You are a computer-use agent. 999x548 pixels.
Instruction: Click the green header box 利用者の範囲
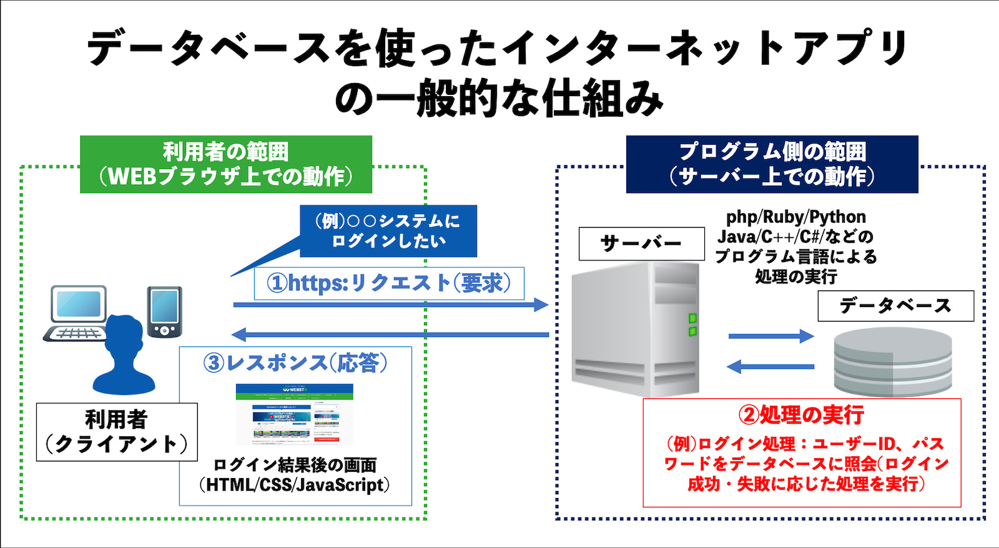click(x=226, y=164)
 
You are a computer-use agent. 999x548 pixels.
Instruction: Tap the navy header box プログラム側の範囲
click(x=772, y=164)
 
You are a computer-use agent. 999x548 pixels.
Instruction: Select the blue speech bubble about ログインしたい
click(x=388, y=231)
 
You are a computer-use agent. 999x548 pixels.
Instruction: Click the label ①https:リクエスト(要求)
click(x=389, y=283)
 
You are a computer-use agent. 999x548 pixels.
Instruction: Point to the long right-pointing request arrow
click(x=390, y=305)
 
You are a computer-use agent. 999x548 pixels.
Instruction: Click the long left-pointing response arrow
click(x=390, y=335)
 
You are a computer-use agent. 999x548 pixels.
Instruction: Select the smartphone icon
click(x=165, y=311)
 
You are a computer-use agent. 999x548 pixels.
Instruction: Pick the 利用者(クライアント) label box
click(x=117, y=432)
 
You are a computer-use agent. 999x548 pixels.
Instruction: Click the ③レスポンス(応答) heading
click(x=295, y=363)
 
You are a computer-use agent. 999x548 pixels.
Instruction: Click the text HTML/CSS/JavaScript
click(x=294, y=485)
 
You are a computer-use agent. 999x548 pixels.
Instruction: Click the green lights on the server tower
click(x=692, y=325)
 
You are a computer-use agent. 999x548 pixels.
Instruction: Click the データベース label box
click(x=895, y=306)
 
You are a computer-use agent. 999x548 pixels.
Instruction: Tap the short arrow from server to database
click(x=771, y=336)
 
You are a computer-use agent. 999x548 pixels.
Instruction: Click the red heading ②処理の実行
click(x=802, y=415)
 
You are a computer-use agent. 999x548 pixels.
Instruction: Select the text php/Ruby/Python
click(x=796, y=217)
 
